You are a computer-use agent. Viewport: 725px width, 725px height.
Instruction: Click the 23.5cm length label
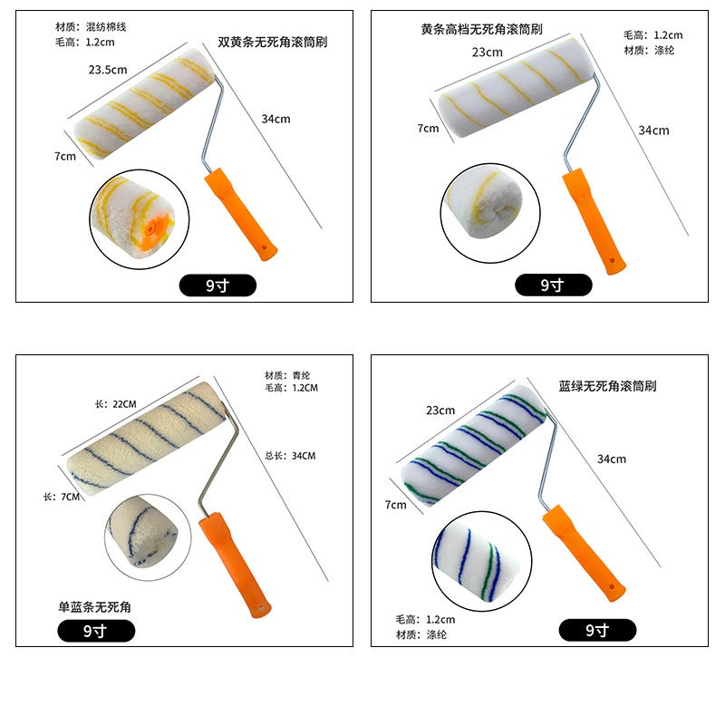pos(108,70)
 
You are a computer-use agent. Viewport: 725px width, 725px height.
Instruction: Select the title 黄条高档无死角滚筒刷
pos(481,29)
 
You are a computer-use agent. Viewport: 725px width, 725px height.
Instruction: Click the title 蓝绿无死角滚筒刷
pos(607,386)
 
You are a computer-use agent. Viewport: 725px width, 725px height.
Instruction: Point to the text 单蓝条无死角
pos(95,606)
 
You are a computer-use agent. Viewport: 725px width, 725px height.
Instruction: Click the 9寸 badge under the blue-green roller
pos(597,630)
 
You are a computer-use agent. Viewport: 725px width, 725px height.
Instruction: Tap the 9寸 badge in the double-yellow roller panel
pos(217,285)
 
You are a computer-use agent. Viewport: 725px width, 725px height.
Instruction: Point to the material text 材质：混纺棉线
pos(91,27)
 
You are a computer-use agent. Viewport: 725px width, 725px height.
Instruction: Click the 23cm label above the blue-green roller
pos(440,411)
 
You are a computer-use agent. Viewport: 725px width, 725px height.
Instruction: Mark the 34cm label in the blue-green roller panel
pos(611,459)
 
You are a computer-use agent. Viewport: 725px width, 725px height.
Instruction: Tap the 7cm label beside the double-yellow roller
pos(65,156)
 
